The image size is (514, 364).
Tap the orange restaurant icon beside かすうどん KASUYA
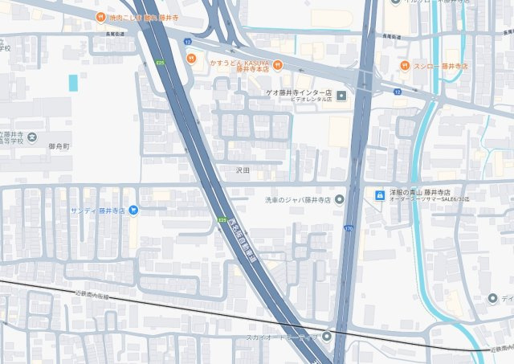coord(191,57)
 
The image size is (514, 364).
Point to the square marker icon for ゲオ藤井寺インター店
coord(341,96)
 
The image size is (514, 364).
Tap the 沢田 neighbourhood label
coord(243,170)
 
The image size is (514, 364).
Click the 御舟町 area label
coord(60,147)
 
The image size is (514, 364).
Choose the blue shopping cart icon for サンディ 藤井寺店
coord(133,211)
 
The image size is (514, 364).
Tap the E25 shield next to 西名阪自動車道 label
coord(222,219)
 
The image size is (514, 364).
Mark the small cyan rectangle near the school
coord(73,83)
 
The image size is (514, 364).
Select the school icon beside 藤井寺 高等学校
coord(31,137)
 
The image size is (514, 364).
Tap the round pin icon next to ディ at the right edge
coord(492,299)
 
